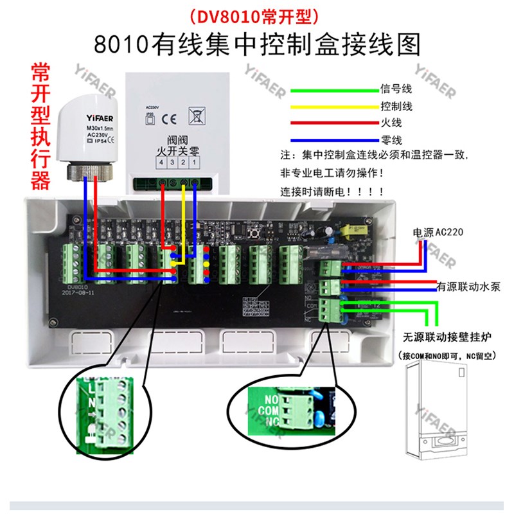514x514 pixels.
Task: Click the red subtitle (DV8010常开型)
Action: (256, 14)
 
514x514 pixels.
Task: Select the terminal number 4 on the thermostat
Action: (162, 165)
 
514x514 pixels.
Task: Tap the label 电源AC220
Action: (439, 233)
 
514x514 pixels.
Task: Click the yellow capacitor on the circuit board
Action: (352, 229)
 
